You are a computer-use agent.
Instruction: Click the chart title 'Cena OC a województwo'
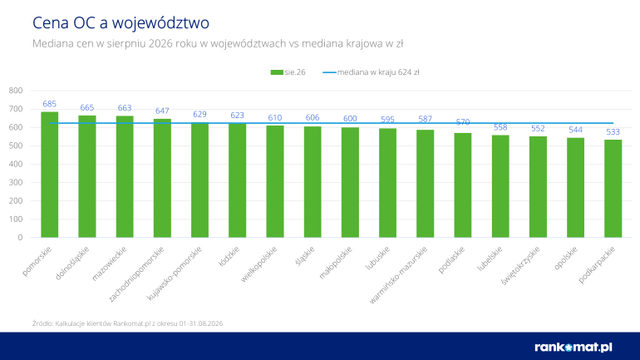pyautogui.click(x=121, y=22)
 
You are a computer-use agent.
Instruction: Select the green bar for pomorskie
pyautogui.click(x=49, y=175)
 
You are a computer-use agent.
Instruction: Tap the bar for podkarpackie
pyautogui.click(x=613, y=189)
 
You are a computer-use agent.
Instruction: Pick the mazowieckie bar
pyautogui.click(x=125, y=177)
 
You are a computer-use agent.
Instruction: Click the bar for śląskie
pyautogui.click(x=313, y=182)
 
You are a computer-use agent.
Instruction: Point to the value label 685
pyautogui.click(x=49, y=104)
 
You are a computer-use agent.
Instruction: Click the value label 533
pyautogui.click(x=613, y=132)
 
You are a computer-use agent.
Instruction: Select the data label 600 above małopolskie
pyautogui.click(x=350, y=118)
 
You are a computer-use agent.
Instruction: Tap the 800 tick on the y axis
pyautogui.click(x=16, y=91)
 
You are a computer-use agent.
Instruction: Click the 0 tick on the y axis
pyautogui.click(x=20, y=238)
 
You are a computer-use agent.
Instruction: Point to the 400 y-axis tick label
pyautogui.click(x=16, y=164)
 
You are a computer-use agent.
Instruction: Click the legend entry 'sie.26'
pyautogui.click(x=288, y=72)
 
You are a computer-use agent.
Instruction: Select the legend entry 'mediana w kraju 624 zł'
pyautogui.click(x=371, y=72)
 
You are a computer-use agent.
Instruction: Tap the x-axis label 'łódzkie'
pyautogui.click(x=229, y=256)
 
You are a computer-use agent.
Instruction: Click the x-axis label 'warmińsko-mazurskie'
pyautogui.click(x=398, y=274)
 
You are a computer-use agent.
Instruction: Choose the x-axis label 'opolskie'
pyautogui.click(x=566, y=258)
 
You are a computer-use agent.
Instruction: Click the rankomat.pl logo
pyautogui.click(x=574, y=347)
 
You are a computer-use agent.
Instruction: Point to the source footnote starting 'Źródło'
pyautogui.click(x=127, y=323)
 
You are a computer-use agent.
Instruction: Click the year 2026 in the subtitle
pyautogui.click(x=160, y=43)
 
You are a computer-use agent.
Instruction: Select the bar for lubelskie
pyautogui.click(x=500, y=186)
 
